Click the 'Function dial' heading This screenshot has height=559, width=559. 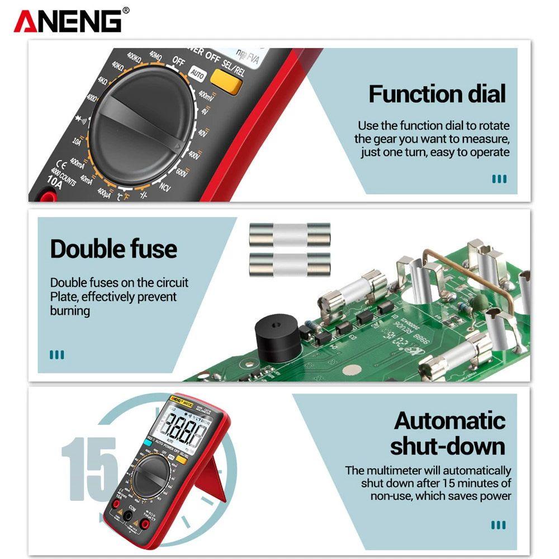pyautogui.click(x=437, y=93)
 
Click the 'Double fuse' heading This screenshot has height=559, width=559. pyautogui.click(x=113, y=249)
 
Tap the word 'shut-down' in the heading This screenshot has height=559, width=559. pyautogui.click(x=447, y=447)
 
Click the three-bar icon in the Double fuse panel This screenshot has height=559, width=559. pyautogui.click(x=57, y=354)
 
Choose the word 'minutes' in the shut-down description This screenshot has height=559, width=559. pyautogui.click(x=479, y=484)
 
